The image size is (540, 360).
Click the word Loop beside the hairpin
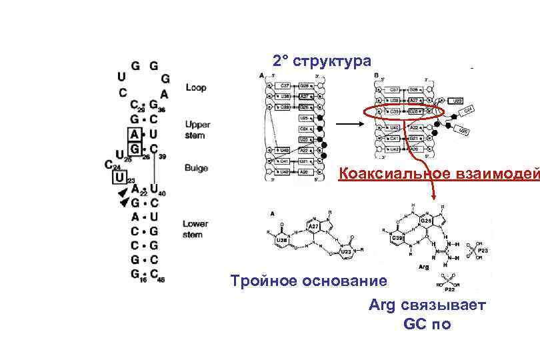tap(196, 87)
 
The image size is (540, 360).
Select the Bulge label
tap(196, 169)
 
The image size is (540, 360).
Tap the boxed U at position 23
tap(119, 178)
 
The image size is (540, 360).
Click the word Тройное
tap(263, 281)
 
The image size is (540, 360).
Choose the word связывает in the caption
tap(444, 305)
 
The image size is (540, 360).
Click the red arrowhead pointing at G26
tap(433, 198)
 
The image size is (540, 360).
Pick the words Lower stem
tap(196, 229)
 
